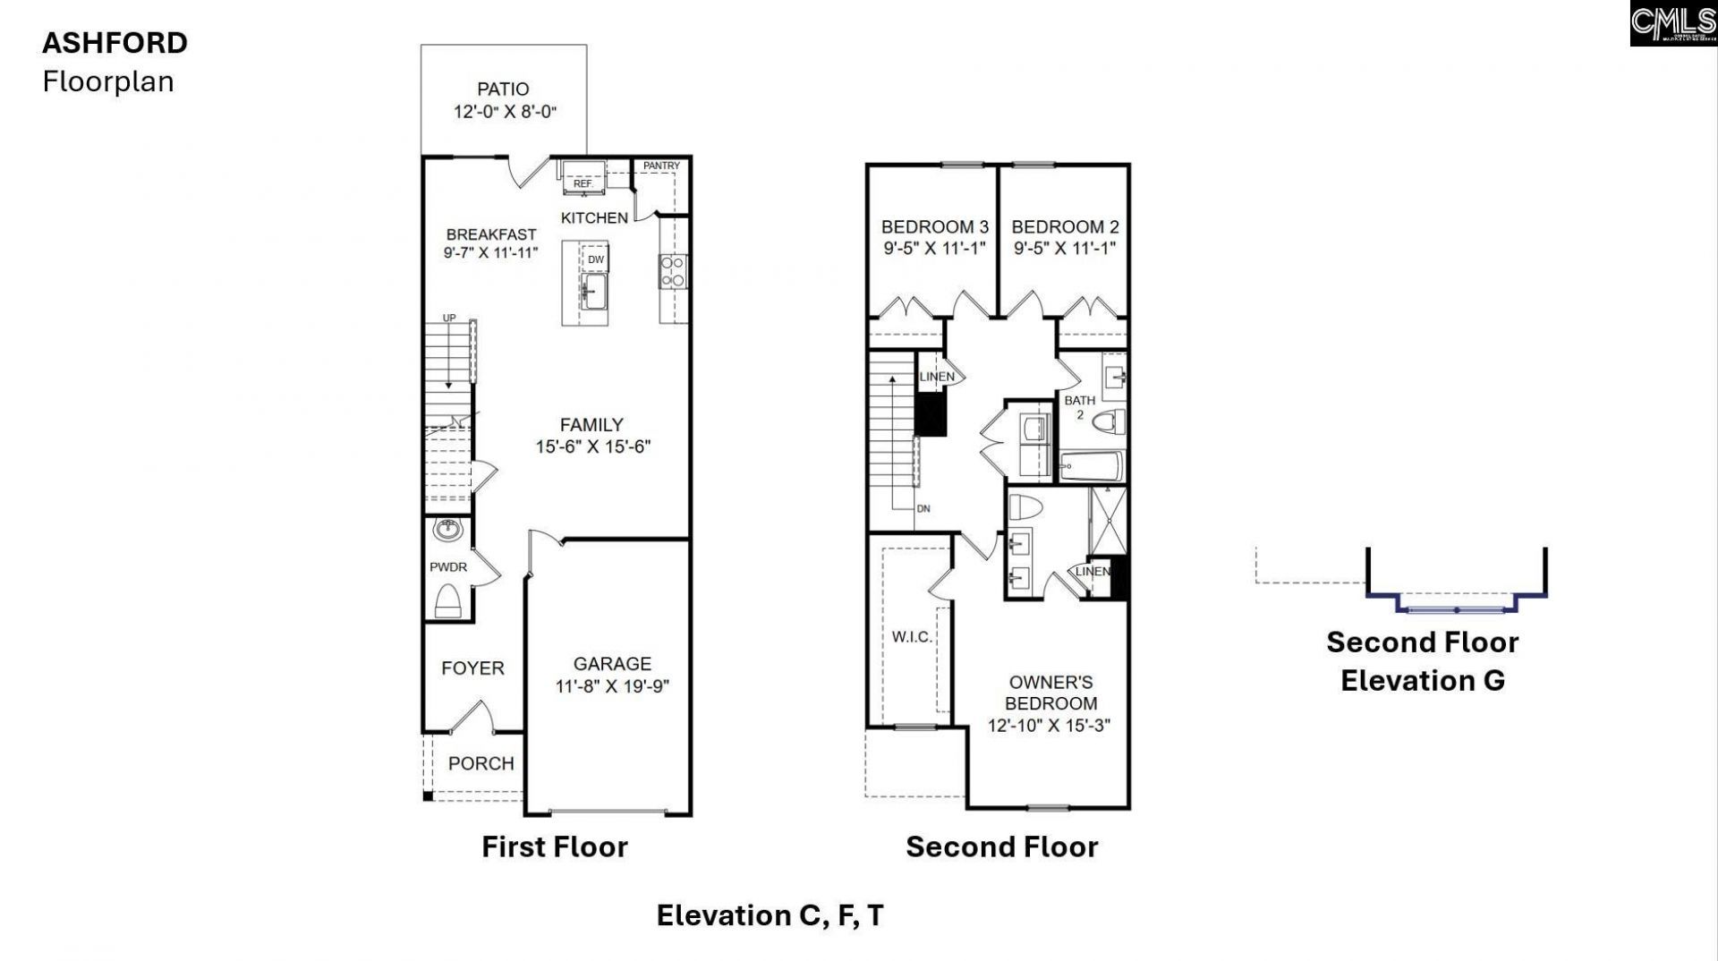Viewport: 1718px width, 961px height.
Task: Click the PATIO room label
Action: click(x=503, y=89)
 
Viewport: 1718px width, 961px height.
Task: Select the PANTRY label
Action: click(x=661, y=166)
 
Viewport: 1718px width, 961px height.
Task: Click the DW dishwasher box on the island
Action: click(x=595, y=259)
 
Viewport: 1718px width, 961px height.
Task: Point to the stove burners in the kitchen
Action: click(x=672, y=271)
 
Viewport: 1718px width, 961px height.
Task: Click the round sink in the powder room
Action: click(x=447, y=530)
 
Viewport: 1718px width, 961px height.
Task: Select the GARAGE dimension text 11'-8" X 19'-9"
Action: click(x=612, y=686)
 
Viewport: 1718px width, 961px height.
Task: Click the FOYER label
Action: click(x=472, y=668)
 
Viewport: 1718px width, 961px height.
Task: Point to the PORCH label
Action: click(x=481, y=763)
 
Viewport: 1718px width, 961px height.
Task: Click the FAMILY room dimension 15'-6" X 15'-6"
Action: click(x=592, y=446)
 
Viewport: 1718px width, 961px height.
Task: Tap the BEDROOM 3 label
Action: click(x=934, y=227)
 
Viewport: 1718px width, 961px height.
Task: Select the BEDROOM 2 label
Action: click(x=1065, y=227)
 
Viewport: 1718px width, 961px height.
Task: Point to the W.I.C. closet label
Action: click(x=912, y=637)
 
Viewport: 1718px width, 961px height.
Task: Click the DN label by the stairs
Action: click(x=923, y=508)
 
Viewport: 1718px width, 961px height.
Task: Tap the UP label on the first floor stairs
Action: click(x=449, y=319)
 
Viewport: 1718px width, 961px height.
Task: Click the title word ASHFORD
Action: click(x=115, y=43)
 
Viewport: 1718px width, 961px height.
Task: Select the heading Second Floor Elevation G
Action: click(x=1422, y=661)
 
